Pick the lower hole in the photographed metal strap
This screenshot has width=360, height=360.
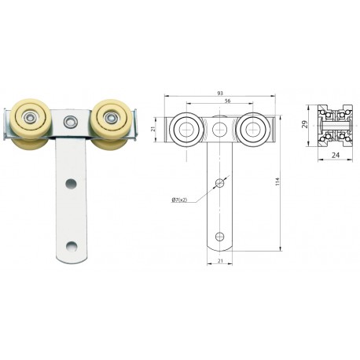point(72,245)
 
